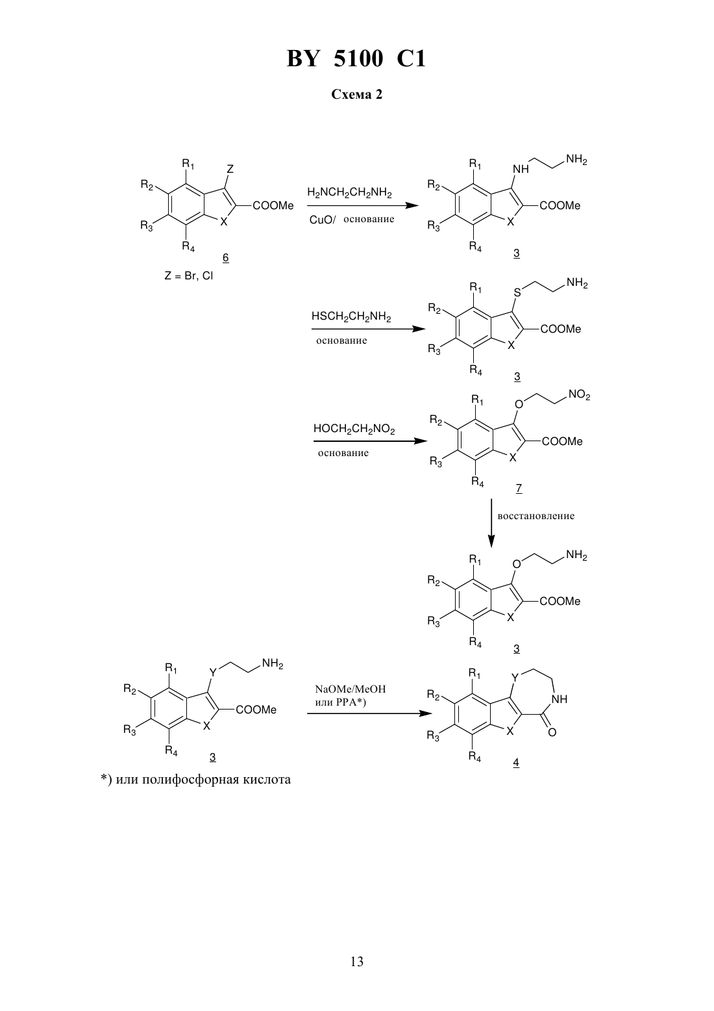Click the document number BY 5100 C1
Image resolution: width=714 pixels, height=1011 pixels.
[x=356, y=58]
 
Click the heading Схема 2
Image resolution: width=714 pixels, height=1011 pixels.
[x=356, y=94]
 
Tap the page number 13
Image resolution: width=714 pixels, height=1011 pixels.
[x=356, y=962]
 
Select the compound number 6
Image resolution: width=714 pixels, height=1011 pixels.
[x=225, y=258]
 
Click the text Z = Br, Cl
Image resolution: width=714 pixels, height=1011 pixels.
[x=188, y=275]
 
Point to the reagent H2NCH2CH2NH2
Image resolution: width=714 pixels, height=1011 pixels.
[x=349, y=194]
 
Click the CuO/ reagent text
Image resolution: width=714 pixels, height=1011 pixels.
[x=323, y=220]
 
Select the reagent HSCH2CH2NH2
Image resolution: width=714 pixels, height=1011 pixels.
[x=351, y=316]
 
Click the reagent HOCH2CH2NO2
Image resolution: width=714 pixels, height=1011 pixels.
[x=354, y=429]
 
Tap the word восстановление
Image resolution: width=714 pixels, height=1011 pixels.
[x=536, y=516]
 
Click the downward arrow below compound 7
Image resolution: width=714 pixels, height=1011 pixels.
[x=491, y=524]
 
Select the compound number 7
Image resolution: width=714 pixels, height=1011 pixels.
[x=519, y=489]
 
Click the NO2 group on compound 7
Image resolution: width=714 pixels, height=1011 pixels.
[x=579, y=396]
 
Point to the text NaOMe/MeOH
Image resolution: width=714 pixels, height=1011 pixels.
[x=351, y=689]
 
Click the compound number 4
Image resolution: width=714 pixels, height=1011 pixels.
[x=516, y=762]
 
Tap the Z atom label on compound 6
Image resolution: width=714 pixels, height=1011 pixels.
[x=230, y=169]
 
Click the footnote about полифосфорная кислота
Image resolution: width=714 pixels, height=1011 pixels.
[x=195, y=780]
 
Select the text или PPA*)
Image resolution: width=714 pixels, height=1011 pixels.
[x=340, y=702]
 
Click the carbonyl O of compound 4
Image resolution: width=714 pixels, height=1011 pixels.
[x=552, y=732]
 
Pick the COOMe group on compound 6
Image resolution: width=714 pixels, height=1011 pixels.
[x=273, y=206]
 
